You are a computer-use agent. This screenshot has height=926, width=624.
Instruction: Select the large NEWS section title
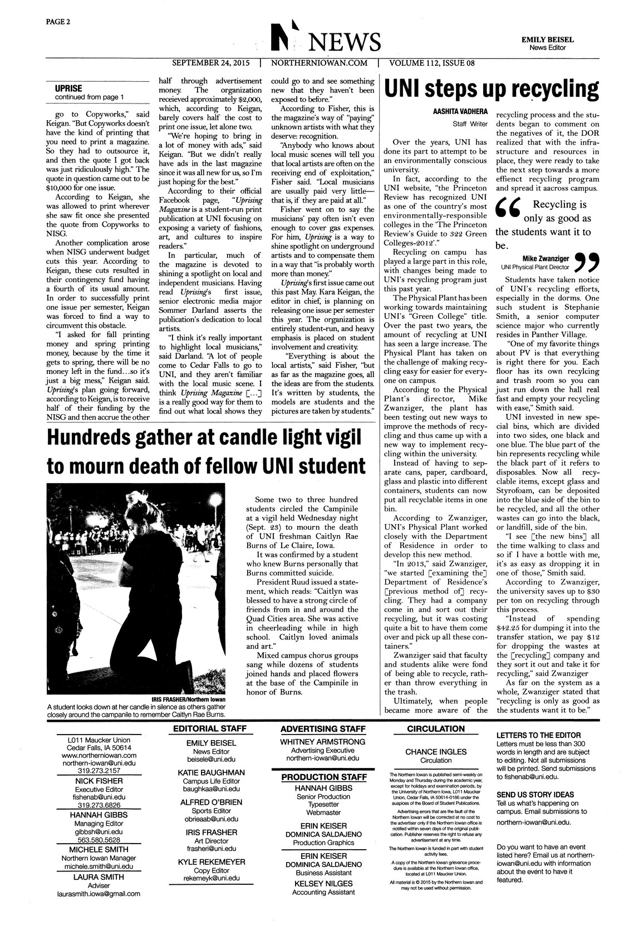(x=347, y=42)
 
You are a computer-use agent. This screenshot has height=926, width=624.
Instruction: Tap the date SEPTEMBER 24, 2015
(x=211, y=63)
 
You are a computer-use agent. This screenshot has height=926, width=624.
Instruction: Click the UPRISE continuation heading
(x=68, y=88)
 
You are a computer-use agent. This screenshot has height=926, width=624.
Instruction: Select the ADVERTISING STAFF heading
(x=323, y=728)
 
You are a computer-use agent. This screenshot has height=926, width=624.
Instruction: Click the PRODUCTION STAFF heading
(x=323, y=777)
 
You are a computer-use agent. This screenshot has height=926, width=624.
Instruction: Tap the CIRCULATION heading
(x=436, y=728)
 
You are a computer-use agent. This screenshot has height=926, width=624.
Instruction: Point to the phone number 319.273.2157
(x=99, y=771)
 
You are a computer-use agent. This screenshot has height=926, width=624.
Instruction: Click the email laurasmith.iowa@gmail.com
(x=99, y=894)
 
